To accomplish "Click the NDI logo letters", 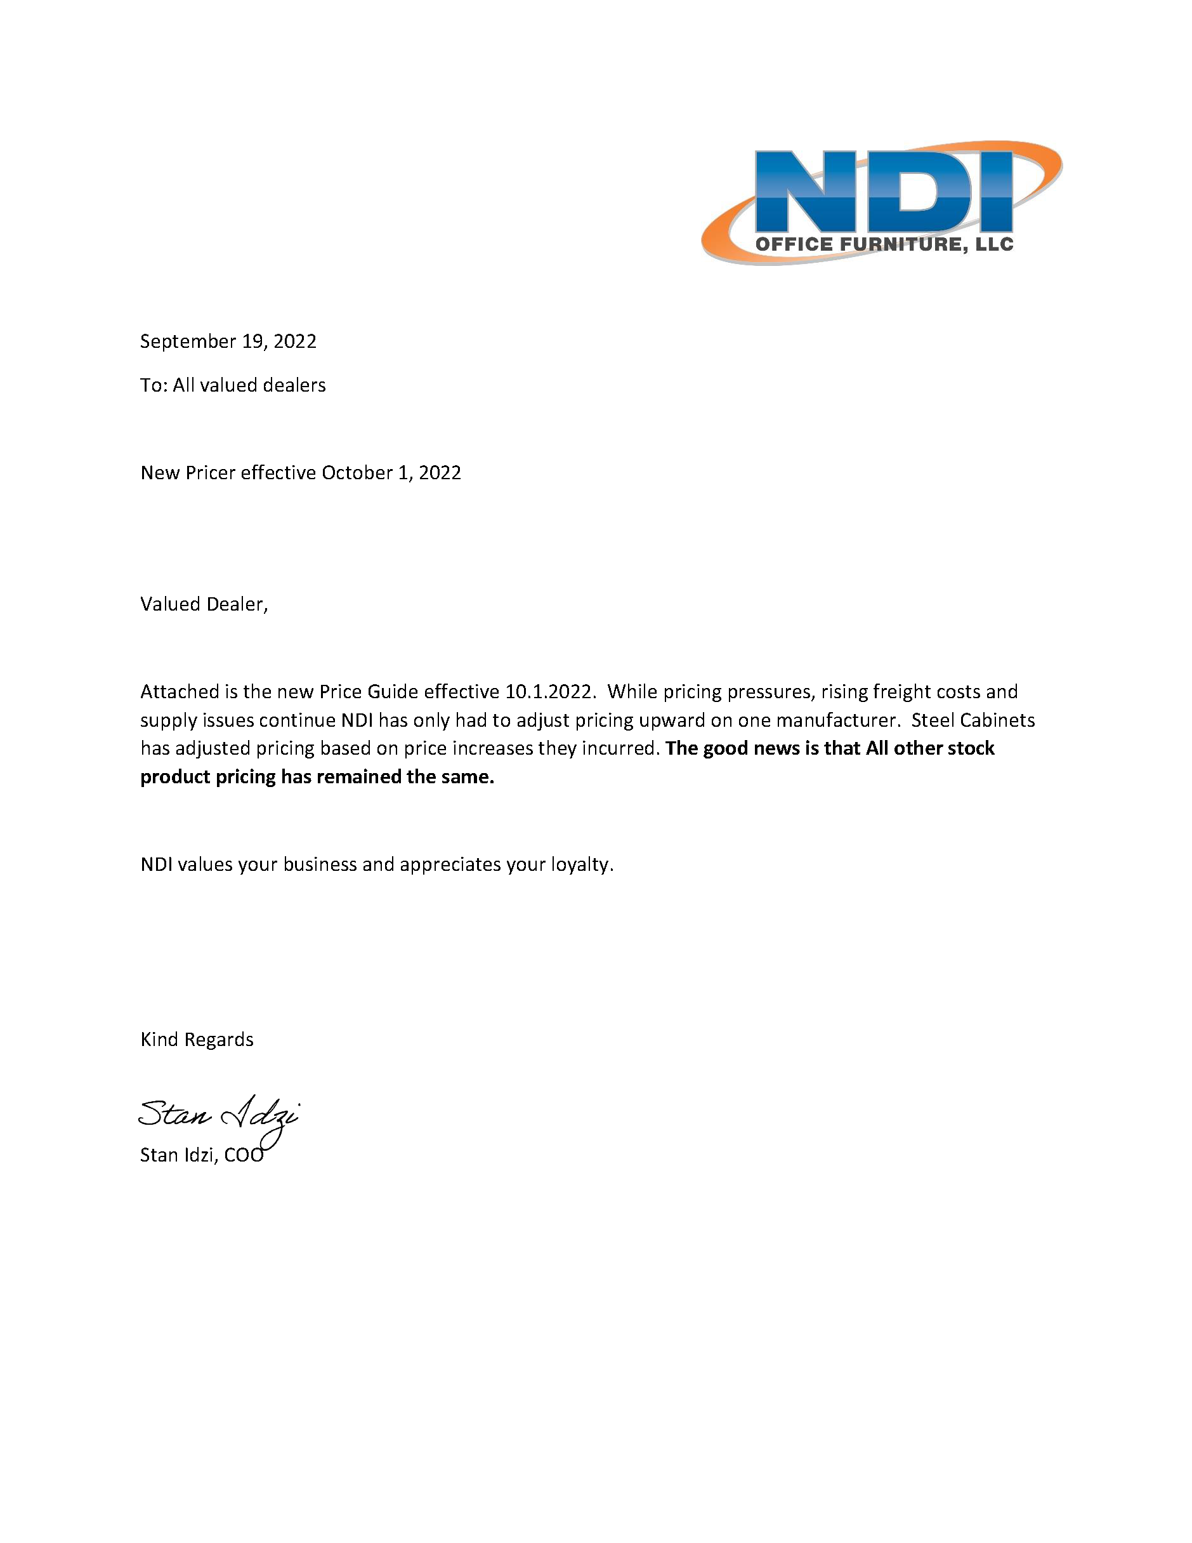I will click(x=882, y=191).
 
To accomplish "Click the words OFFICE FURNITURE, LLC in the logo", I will click(x=884, y=244).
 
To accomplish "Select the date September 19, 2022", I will click(x=228, y=341).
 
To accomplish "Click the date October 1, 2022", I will click(x=391, y=473).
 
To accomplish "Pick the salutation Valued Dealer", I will click(x=204, y=604).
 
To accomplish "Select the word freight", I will click(x=901, y=692).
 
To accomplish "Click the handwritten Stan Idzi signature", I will click(x=218, y=1115).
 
